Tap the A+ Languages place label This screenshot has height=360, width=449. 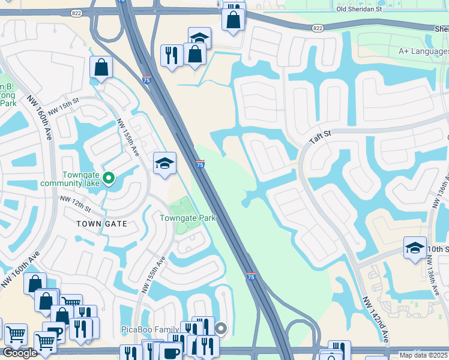[423, 52]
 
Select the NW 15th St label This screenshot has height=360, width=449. [64, 107]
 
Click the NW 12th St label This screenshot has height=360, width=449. [75, 203]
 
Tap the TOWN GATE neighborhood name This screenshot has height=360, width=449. [101, 223]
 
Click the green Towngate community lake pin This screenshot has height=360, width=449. [109, 178]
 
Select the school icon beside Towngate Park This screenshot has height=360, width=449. [164, 163]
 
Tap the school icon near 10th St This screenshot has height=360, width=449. [414, 247]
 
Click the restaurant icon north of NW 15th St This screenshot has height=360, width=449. [172, 55]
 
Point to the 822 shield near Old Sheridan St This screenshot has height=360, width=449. [318, 28]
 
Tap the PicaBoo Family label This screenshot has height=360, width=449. [150, 329]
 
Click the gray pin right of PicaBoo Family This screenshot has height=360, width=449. [221, 328]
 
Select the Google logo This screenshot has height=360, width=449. [20, 353]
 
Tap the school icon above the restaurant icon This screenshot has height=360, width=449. [199, 37]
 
